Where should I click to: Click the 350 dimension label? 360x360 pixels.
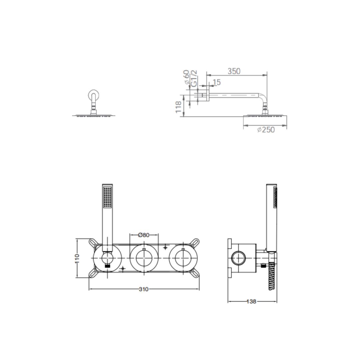click(x=234, y=71)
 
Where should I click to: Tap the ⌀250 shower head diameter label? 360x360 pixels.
click(x=266, y=130)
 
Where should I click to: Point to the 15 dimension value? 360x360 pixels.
click(x=217, y=82)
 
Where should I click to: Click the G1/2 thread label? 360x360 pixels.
click(x=194, y=78)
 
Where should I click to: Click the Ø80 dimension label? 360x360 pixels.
click(x=144, y=235)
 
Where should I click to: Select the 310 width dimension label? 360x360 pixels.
click(x=144, y=289)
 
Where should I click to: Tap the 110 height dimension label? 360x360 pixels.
click(x=77, y=258)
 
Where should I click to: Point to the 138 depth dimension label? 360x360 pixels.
click(x=251, y=301)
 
